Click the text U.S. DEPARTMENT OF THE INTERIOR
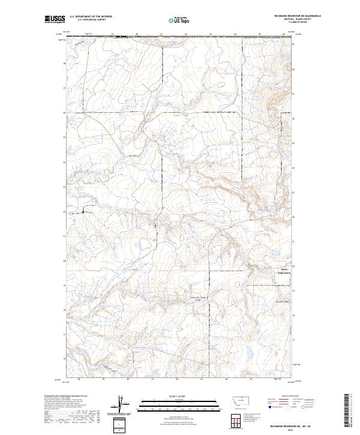click(x=91, y=17)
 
